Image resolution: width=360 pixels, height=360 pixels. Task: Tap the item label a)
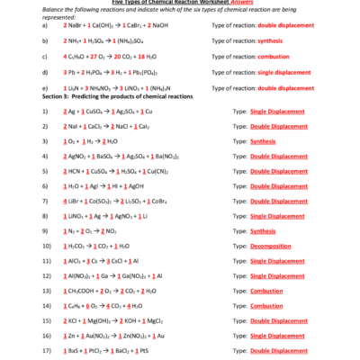[x=45, y=26]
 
